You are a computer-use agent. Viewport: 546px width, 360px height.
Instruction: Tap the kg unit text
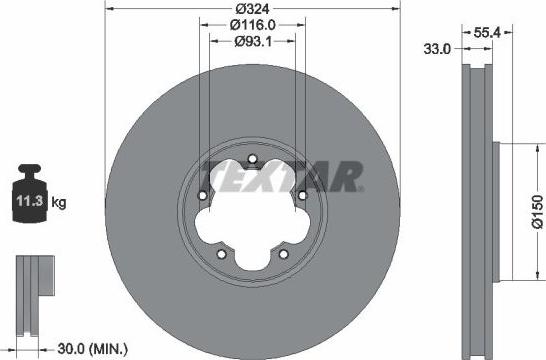58,203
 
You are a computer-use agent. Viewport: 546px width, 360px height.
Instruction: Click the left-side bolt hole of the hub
203,195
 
